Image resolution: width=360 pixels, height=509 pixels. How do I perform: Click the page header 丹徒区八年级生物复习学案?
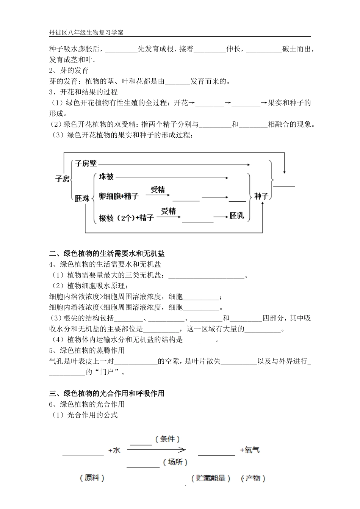86,33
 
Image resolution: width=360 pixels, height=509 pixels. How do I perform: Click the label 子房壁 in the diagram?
86,164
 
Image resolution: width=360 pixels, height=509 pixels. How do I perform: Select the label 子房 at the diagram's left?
63,179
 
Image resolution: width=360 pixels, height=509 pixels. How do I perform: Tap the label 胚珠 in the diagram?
82,198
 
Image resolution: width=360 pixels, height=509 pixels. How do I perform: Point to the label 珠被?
106,177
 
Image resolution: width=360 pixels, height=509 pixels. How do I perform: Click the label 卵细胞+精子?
119,196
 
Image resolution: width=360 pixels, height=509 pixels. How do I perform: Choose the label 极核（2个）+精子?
126,218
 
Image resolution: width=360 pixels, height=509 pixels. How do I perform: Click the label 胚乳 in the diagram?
237,216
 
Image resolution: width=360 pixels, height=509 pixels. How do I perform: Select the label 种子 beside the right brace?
261,196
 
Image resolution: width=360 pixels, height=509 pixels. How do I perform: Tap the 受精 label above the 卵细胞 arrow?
158,190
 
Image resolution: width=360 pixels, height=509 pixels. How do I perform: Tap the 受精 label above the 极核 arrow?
168,211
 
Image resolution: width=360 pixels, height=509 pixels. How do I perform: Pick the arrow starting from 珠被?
171,178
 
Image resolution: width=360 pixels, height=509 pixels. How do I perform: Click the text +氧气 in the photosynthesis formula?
250,450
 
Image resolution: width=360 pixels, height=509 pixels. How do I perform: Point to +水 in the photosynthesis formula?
114,450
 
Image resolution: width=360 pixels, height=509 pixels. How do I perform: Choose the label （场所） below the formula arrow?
175,462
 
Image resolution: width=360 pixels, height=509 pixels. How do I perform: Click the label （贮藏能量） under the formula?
211,478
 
